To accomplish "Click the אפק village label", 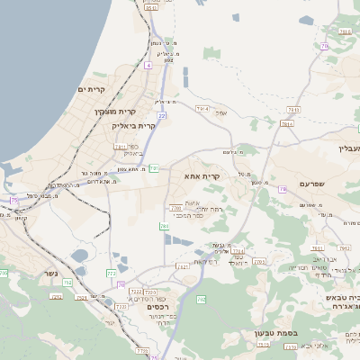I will (x=221, y=112).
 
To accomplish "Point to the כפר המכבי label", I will (x=191, y=217).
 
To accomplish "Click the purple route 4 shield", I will (x=148, y=65).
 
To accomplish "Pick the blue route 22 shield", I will (x=162, y=115).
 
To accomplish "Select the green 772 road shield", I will (x=112, y=272).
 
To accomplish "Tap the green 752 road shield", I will (x=57, y=295).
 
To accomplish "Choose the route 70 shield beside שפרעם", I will (x=283, y=189).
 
